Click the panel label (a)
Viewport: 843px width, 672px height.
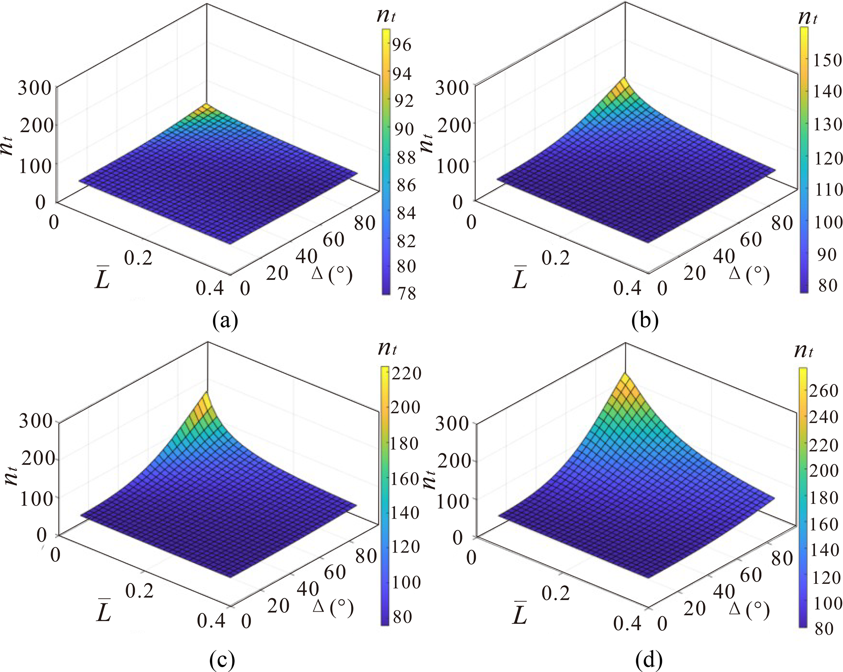pyautogui.click(x=225, y=321)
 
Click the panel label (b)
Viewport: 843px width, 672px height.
pyautogui.click(x=644, y=321)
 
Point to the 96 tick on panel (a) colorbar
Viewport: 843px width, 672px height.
pyautogui.click(x=402, y=45)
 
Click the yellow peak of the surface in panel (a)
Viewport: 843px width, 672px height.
pyautogui.click(x=206, y=107)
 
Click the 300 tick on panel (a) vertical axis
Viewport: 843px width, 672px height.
pyautogui.click(x=34, y=88)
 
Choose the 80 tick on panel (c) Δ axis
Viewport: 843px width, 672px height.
pyautogui.click(x=365, y=556)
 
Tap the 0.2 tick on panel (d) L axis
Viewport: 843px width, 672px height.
pyautogui.click(x=555, y=592)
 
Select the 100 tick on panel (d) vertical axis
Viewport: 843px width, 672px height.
pyautogui.click(x=452, y=500)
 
